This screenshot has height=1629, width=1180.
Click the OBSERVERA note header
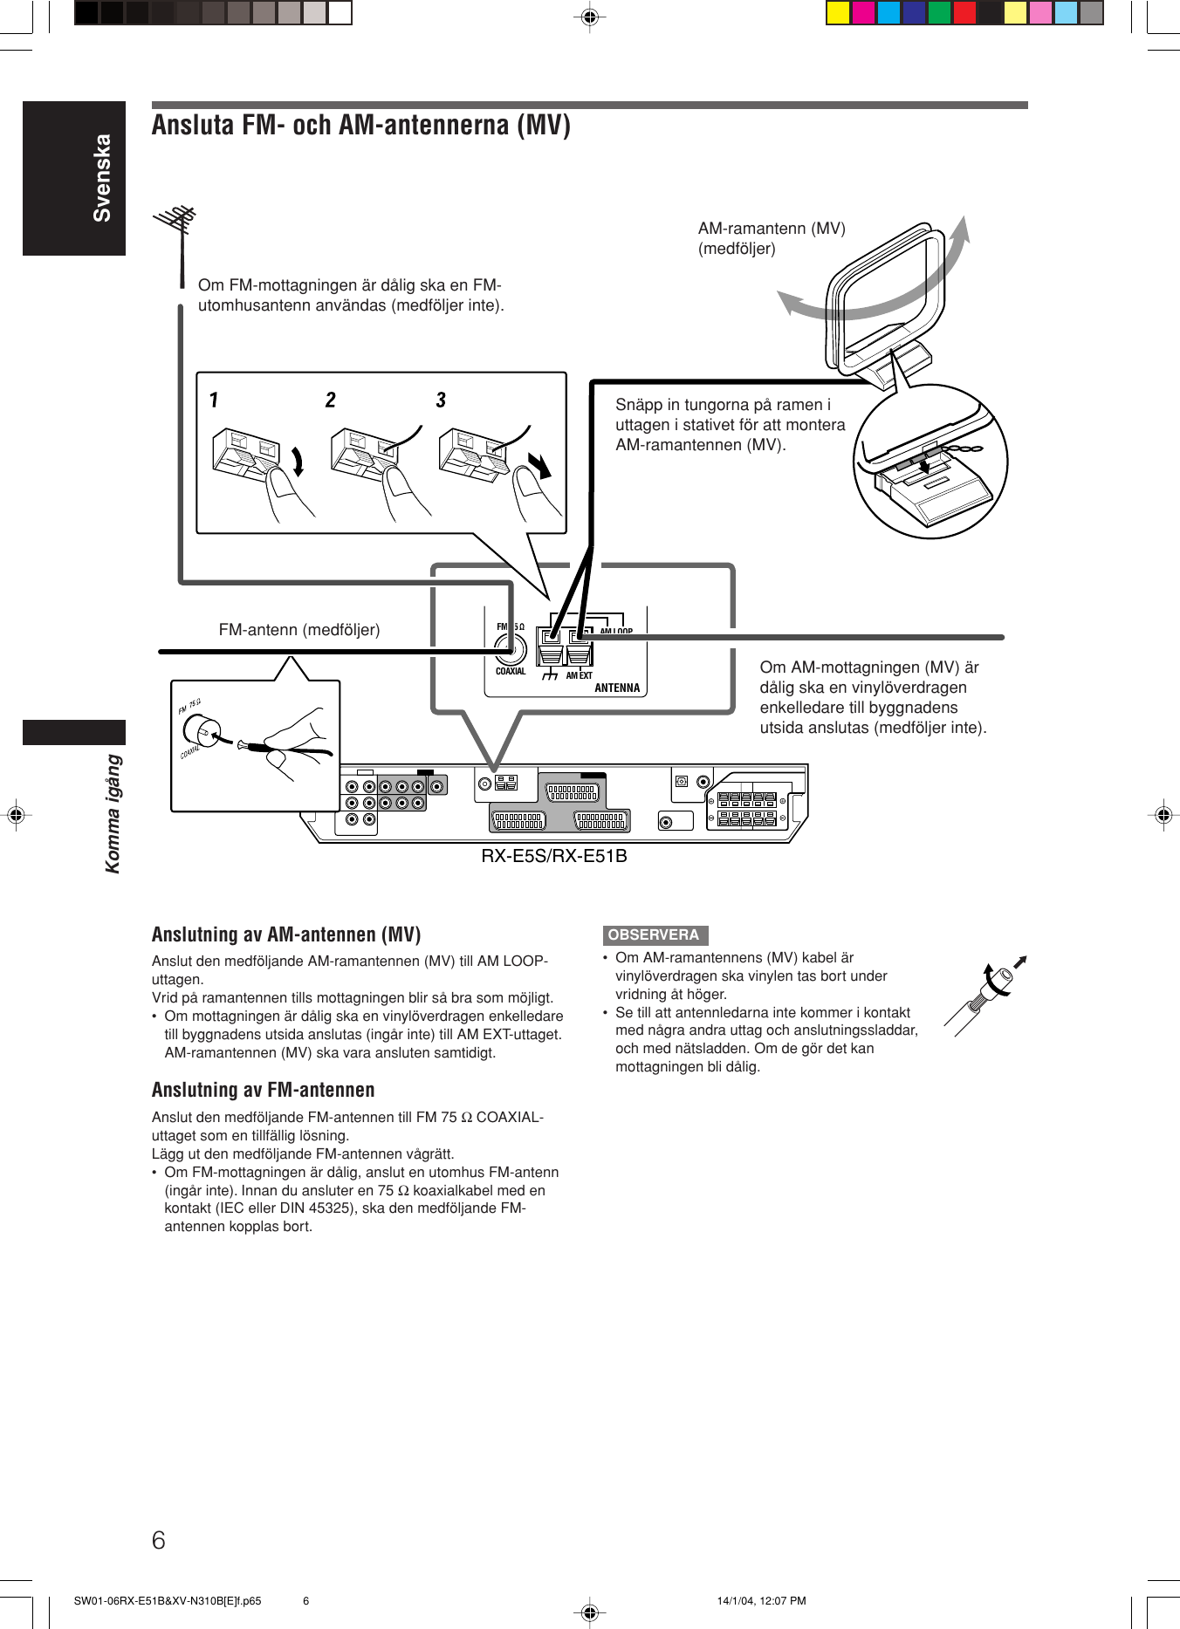(654, 934)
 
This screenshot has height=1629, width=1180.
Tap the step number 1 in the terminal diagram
(214, 400)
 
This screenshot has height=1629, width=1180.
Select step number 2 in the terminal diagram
(331, 400)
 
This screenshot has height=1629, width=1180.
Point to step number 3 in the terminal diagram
(441, 400)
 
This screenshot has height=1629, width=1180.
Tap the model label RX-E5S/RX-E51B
(554, 856)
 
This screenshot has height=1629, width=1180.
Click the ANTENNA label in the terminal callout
(617, 688)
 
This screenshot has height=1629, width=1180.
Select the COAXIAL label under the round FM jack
(511, 671)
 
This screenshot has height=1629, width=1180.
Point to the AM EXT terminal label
(579, 675)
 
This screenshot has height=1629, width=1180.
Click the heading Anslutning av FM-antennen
(263, 1090)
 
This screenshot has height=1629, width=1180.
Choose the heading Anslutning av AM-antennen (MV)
(286, 934)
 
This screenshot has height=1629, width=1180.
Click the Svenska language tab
(102, 178)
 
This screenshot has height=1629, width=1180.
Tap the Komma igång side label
(113, 813)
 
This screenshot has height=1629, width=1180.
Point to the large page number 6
(158, 1540)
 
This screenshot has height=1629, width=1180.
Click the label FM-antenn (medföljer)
(299, 630)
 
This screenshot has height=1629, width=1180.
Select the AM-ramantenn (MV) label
(772, 229)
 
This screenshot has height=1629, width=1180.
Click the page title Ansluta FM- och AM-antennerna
(361, 126)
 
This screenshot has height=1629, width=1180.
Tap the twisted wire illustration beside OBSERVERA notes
(986, 996)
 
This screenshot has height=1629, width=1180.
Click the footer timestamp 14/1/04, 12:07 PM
(761, 1601)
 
